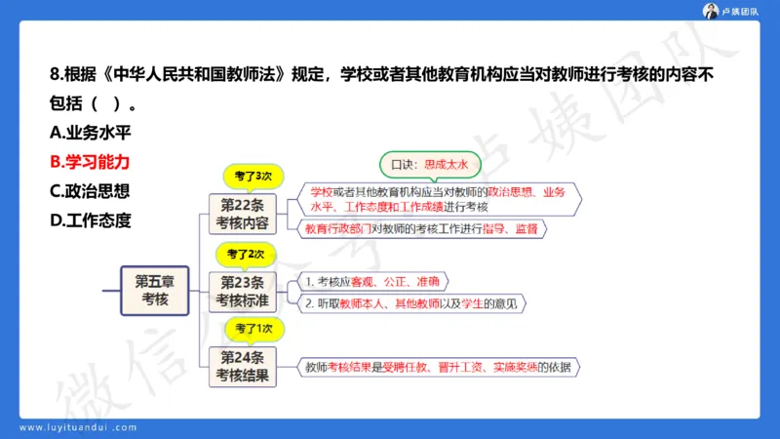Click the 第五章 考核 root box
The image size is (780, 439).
(x=155, y=290)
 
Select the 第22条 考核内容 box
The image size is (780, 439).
(x=243, y=213)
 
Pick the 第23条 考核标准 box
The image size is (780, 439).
(x=243, y=290)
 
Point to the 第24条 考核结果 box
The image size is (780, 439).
(x=243, y=365)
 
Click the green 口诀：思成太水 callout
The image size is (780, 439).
(x=430, y=164)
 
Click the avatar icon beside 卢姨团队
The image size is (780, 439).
(x=711, y=11)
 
